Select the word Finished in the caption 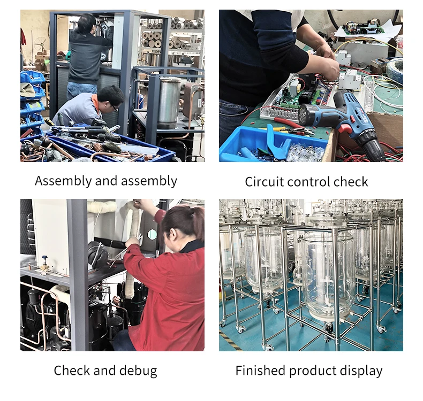coord(260,371)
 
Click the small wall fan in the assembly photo coord(41,44)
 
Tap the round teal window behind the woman coord(152,235)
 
